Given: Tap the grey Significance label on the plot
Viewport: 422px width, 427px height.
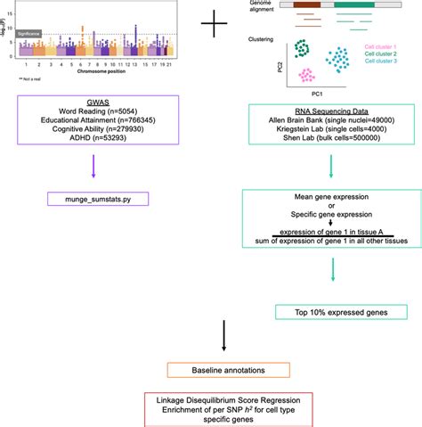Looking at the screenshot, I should pyautogui.click(x=28, y=33).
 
